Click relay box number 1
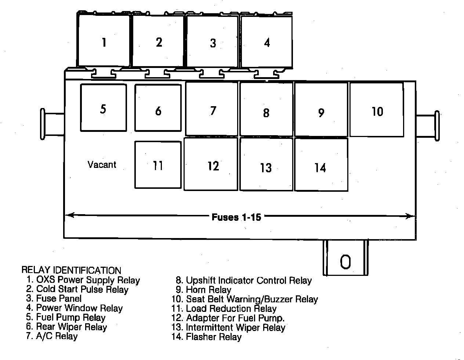pos(104,42)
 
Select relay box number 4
pos(267,42)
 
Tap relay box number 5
pos(103,108)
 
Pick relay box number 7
pos(212,109)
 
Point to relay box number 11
pos(158,165)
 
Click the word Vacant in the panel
pos(102,164)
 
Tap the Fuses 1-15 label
pos(236,217)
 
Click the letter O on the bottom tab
pos(345,262)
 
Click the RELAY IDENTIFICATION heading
pos(71,270)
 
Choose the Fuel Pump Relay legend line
pos(66,317)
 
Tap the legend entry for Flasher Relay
pos(207,336)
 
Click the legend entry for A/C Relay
pos(52,336)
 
